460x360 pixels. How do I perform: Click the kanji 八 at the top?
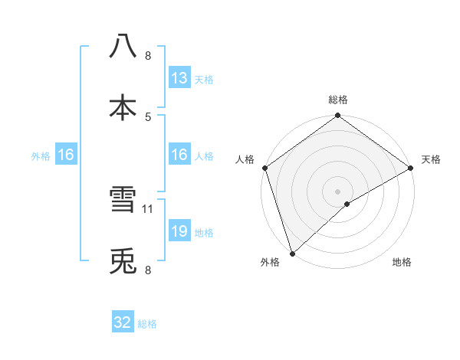pyautogui.click(x=123, y=46)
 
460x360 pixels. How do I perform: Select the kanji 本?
pyautogui.click(x=123, y=108)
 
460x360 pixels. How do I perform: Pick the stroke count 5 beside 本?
pyautogui.click(x=148, y=116)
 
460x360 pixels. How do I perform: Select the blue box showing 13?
pyautogui.click(x=179, y=78)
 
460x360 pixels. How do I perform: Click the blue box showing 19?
pyautogui.click(x=179, y=231)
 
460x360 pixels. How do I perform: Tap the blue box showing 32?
pyautogui.click(x=123, y=322)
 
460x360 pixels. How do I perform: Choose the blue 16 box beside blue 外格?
pyautogui.click(x=66, y=155)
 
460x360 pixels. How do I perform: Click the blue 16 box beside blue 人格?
pyautogui.click(x=179, y=155)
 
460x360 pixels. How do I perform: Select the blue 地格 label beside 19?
pyautogui.click(x=203, y=233)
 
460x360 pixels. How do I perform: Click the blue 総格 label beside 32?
pyautogui.click(x=147, y=324)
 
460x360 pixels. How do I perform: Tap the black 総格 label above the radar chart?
pyautogui.click(x=338, y=100)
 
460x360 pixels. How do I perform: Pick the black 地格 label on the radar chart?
pyautogui.click(x=402, y=263)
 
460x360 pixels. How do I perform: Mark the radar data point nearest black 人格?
pyautogui.click(x=265, y=168)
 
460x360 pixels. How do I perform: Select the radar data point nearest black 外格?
pyautogui.click(x=293, y=253)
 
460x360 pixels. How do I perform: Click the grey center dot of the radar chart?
pyautogui.click(x=338, y=191)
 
